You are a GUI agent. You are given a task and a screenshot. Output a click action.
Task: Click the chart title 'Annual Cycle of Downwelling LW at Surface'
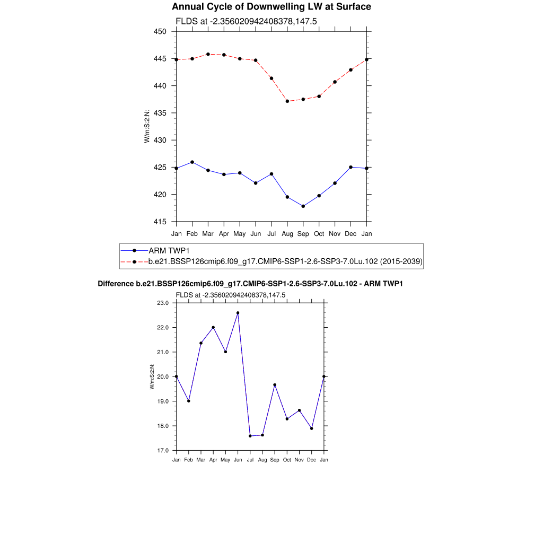click(271, 7)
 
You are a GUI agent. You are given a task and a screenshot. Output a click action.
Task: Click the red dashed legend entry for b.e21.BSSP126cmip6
click(285, 261)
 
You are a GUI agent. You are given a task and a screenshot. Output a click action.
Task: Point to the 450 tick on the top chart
click(160, 31)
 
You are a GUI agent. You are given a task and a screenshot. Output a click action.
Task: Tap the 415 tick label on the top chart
click(160, 222)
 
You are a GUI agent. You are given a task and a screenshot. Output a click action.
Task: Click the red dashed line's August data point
click(287, 101)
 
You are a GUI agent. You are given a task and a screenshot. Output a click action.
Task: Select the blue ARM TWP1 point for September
click(303, 206)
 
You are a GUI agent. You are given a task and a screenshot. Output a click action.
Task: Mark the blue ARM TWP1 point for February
click(192, 162)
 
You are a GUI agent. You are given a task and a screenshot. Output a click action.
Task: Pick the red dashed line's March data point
click(208, 54)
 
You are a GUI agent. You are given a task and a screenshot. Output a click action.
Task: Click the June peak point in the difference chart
click(238, 313)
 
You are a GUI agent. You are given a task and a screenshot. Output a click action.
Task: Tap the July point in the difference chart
click(250, 436)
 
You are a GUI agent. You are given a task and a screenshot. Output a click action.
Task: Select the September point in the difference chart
click(275, 385)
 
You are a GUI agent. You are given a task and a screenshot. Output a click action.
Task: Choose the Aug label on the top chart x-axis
click(287, 233)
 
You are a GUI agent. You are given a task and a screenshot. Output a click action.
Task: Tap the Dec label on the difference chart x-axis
click(312, 460)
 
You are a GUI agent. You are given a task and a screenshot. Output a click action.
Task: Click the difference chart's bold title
click(250, 284)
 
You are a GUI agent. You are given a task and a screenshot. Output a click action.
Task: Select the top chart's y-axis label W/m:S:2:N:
click(147, 126)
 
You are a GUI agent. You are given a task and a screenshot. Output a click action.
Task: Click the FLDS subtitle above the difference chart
click(231, 295)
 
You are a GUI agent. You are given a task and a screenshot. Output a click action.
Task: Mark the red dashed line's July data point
click(271, 78)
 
